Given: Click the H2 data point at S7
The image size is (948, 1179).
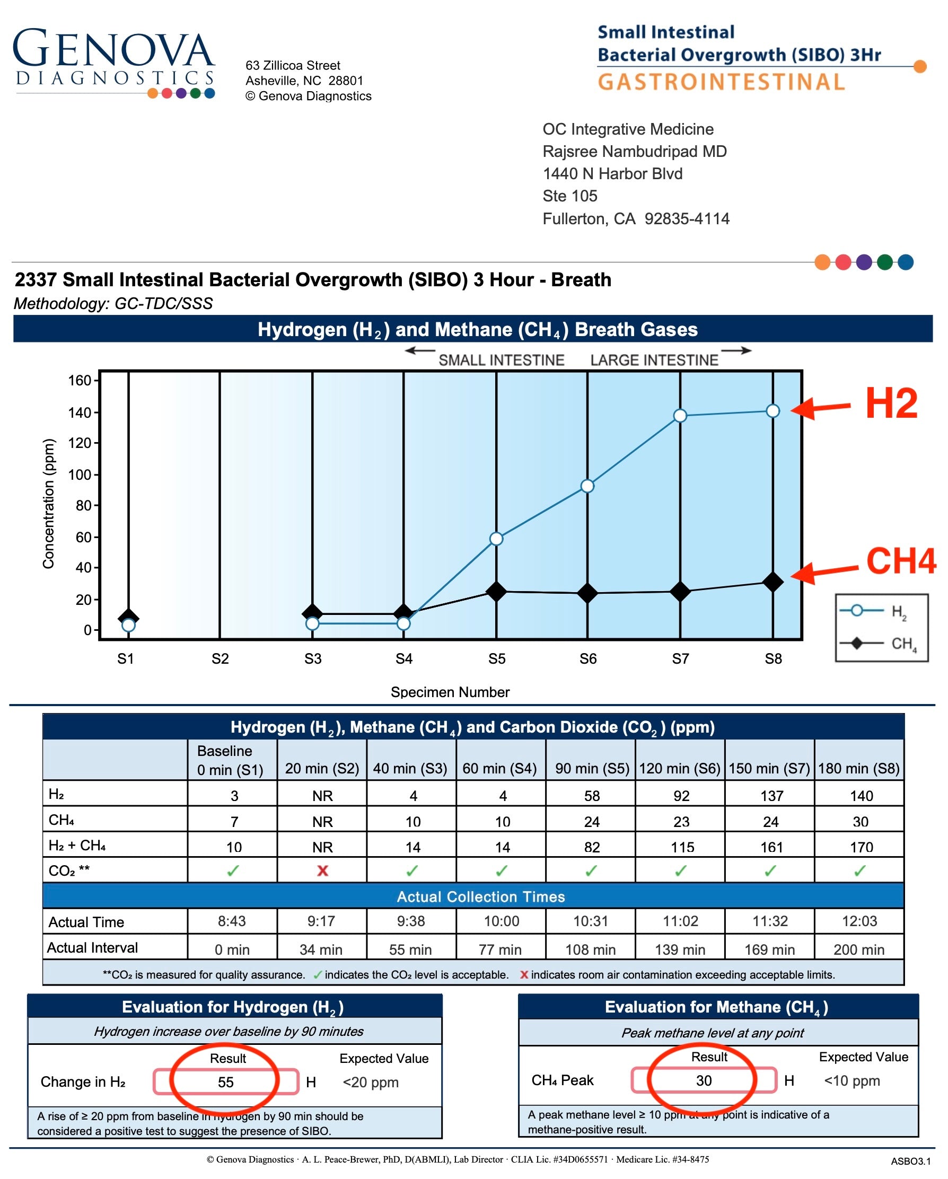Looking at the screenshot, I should (x=680, y=416).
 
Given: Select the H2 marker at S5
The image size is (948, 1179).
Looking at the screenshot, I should (x=496, y=539).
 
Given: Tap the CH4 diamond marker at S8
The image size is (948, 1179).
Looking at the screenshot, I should (x=773, y=582).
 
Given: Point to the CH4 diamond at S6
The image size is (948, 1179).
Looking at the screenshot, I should (x=587, y=593).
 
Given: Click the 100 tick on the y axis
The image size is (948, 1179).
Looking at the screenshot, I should (x=80, y=474).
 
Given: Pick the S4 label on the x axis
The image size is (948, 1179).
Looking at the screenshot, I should (x=403, y=658).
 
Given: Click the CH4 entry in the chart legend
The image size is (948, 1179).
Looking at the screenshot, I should (x=881, y=643).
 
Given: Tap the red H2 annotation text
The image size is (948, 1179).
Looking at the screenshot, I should (x=891, y=403).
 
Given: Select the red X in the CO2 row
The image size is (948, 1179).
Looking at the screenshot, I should (x=322, y=870).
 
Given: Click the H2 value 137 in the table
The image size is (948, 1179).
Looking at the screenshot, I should (x=771, y=796).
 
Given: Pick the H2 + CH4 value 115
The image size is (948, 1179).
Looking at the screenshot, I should (x=681, y=847).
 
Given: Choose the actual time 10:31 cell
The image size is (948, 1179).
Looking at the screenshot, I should (x=590, y=921).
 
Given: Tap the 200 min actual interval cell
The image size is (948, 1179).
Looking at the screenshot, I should (x=859, y=949).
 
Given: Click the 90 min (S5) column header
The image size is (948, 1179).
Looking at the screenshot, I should (x=592, y=768).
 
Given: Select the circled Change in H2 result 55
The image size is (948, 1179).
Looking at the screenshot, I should (x=225, y=1081).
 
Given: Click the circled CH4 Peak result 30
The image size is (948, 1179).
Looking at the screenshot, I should (x=704, y=1080).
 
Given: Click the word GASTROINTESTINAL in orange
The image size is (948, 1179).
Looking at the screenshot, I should (x=722, y=82).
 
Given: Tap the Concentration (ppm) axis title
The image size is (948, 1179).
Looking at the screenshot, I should (x=49, y=503).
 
